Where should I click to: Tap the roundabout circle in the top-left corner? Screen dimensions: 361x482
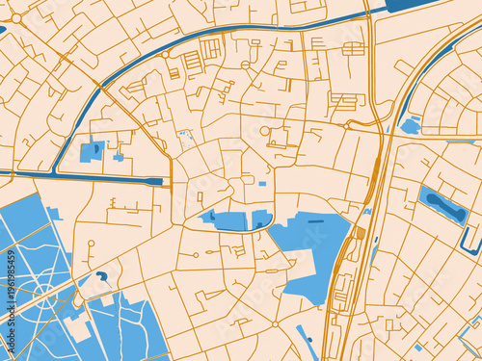[16, 18]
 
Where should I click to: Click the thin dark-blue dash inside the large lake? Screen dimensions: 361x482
[315, 221]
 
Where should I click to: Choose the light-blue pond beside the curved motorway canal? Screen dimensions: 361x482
[411, 125]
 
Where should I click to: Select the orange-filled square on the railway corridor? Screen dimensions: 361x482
[361, 233]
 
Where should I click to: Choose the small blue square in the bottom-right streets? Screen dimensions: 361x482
[417, 348]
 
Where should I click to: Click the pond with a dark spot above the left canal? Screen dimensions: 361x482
[94, 151]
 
